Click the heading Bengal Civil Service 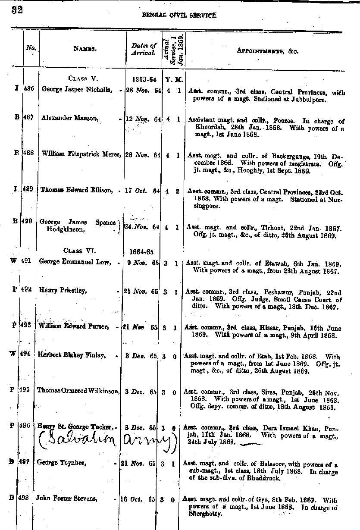click(179, 15)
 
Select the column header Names click(85, 50)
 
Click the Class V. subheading click(83, 78)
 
